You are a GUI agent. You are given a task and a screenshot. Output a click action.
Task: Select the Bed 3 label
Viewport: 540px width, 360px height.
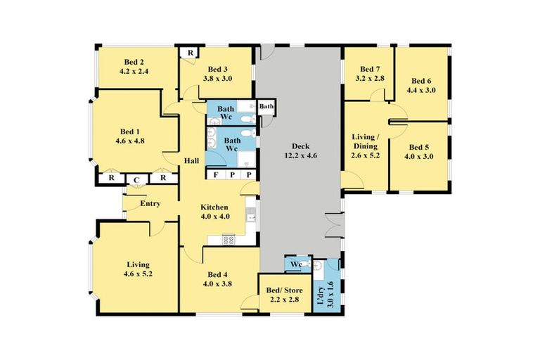[217, 69]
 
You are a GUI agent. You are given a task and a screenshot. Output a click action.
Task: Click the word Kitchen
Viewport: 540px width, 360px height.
[214, 207]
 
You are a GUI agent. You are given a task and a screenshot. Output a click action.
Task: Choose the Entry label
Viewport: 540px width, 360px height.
[150, 204]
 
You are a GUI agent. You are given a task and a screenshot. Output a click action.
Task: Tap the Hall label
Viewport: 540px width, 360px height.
[191, 161]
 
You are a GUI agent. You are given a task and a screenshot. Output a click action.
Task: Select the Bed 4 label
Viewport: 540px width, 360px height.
[217, 275]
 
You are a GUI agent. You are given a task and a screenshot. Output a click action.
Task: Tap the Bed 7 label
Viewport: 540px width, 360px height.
[369, 69]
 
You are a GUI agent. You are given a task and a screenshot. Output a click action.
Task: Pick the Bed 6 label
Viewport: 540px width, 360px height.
[421, 80]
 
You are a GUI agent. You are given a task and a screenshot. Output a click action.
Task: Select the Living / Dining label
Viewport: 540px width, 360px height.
[366, 141]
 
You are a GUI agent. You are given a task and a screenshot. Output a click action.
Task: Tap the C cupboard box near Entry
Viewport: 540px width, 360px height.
[137, 179]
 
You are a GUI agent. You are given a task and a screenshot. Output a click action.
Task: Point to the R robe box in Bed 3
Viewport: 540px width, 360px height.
[189, 53]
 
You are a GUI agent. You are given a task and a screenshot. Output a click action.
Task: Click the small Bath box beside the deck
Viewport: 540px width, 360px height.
[266, 107]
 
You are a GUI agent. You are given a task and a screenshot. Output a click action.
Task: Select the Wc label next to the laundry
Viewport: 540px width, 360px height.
[296, 264]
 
